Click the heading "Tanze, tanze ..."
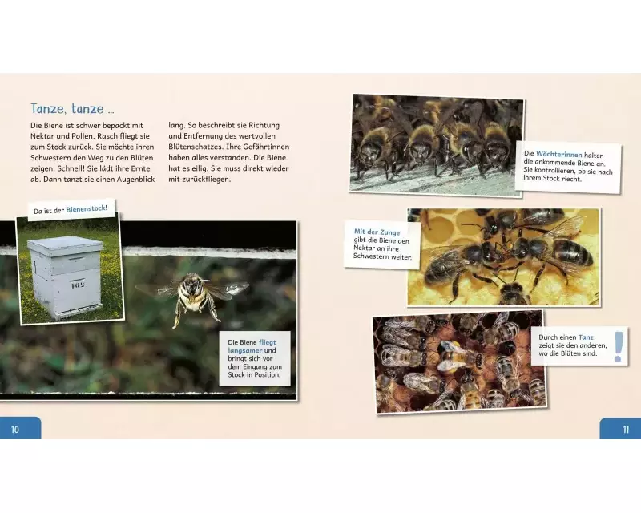click(72, 109)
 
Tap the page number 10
click(15, 429)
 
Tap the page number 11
click(626, 430)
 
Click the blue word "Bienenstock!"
click(87, 208)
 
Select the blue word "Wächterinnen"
click(558, 155)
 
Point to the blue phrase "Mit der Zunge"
click(377, 232)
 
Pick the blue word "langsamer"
click(245, 350)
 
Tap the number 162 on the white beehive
click(77, 285)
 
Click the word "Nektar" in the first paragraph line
click(42, 136)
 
